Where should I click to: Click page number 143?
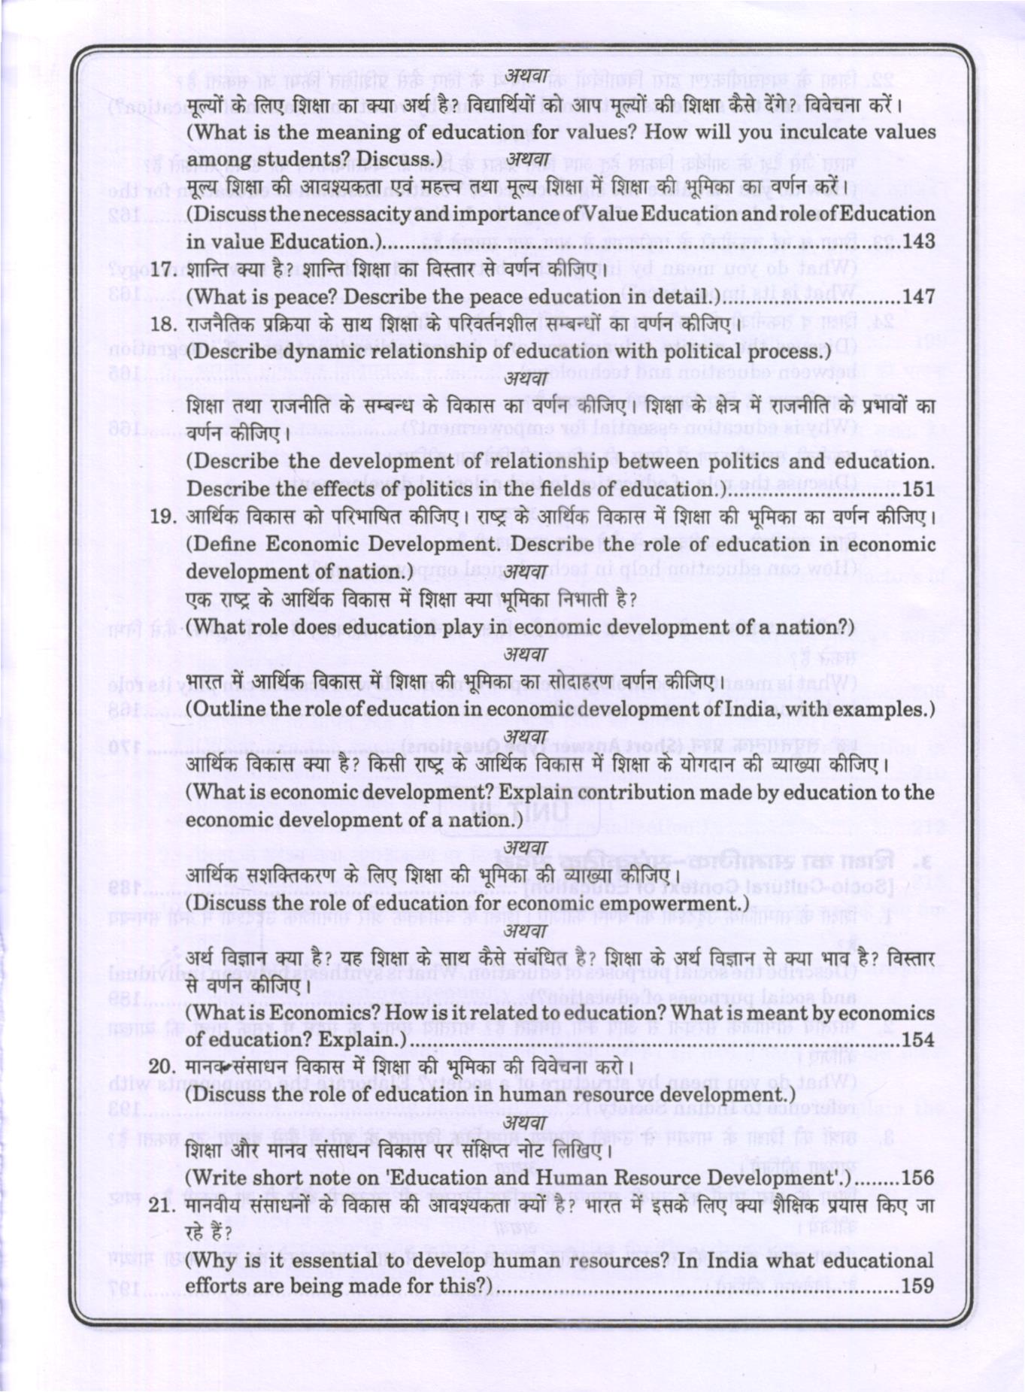point(918,241)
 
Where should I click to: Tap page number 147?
point(918,297)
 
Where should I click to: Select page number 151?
point(918,490)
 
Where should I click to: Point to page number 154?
point(917,1040)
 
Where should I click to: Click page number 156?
point(917,1178)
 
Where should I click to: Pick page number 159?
point(917,1285)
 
